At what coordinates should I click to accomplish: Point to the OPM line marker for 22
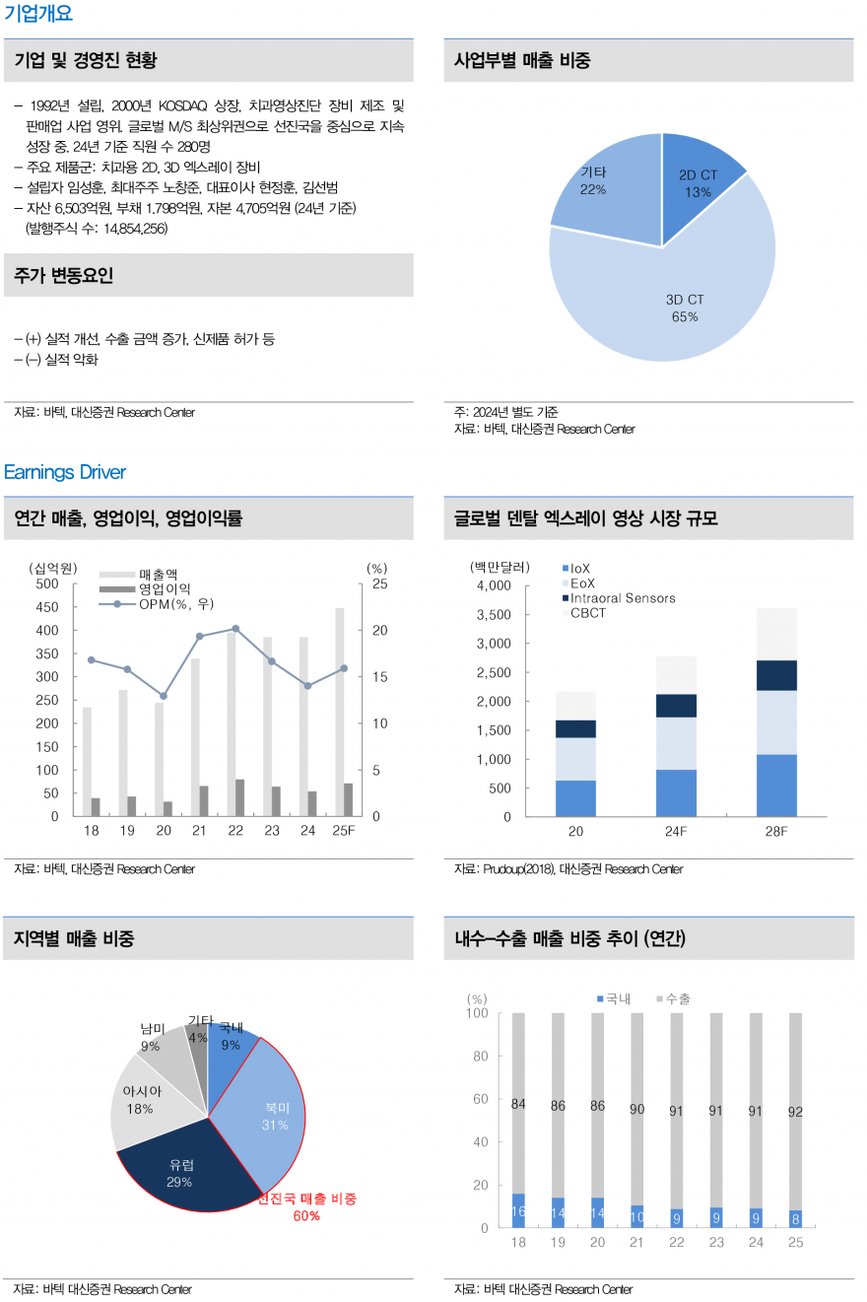tap(234, 628)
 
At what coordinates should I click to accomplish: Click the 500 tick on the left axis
tap(47, 583)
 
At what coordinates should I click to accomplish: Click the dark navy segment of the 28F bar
tap(776, 675)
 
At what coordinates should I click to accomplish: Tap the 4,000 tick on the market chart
tap(493, 585)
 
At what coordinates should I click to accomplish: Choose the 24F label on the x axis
tap(675, 832)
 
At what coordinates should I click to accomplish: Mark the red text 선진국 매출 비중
tap(306, 1199)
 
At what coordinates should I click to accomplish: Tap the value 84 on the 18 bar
tap(518, 1105)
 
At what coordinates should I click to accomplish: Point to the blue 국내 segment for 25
tap(795, 1218)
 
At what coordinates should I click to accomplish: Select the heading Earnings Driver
tap(65, 472)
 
